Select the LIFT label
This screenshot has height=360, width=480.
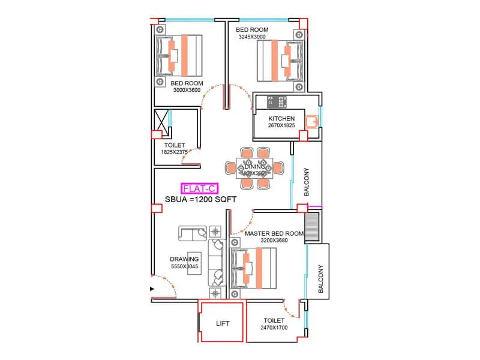(223, 323)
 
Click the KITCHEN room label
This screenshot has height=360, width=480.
(281, 118)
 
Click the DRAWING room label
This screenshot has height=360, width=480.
(184, 259)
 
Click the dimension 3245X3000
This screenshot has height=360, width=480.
(251, 37)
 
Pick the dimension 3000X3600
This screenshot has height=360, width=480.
(187, 90)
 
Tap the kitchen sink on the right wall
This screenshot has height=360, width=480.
(311, 122)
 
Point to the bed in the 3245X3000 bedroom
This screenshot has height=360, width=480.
(280, 61)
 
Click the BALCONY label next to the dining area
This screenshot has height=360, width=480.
(307, 182)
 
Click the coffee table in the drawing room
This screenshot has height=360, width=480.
(194, 262)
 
